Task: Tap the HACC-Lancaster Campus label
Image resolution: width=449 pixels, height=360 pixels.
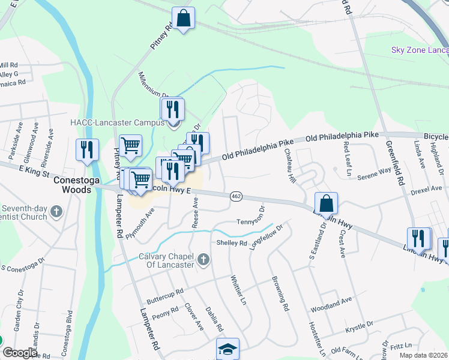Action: (x=117, y=122)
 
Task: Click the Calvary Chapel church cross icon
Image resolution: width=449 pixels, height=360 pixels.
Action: (x=203, y=259)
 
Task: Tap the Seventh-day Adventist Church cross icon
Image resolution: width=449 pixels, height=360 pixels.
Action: (x=56, y=211)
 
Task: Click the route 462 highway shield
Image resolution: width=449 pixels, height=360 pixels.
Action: (x=237, y=196)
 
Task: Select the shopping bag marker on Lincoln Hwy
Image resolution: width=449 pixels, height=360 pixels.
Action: (x=325, y=203)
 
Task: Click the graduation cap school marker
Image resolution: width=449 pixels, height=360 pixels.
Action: (x=228, y=349)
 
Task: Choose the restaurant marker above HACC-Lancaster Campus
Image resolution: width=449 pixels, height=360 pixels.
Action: (x=172, y=109)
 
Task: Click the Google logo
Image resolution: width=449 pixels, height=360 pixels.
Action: (x=20, y=353)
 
